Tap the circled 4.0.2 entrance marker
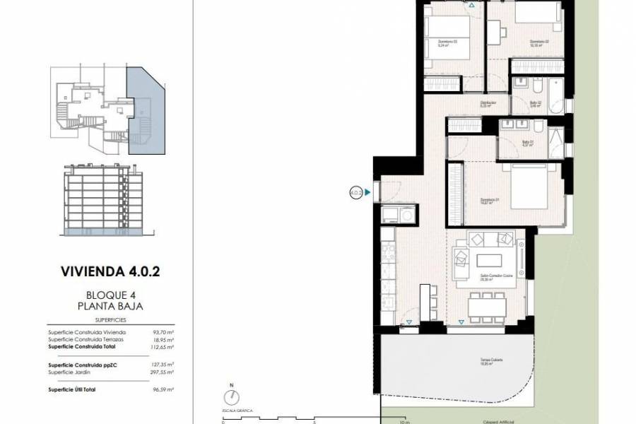[356, 191]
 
